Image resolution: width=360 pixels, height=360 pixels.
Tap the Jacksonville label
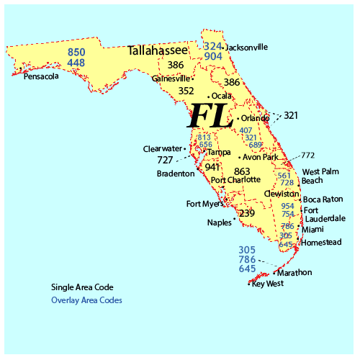pyautogui.click(x=247, y=47)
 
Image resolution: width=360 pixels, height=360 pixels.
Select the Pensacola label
pyautogui.click(x=41, y=76)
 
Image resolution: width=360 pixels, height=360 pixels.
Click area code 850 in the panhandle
pyautogui.click(x=76, y=52)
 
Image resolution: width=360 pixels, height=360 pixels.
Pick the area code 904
pyautogui.click(x=212, y=56)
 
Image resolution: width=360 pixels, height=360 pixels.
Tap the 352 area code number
pyautogui.click(x=186, y=91)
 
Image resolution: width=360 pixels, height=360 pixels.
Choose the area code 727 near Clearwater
pyautogui.click(x=165, y=160)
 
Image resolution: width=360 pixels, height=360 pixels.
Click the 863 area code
pyautogui.click(x=242, y=171)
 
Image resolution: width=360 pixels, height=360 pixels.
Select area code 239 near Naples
pyautogui.click(x=246, y=213)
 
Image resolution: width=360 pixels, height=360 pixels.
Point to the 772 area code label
pyautogui.click(x=308, y=155)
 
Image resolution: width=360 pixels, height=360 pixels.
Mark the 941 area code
pyautogui.click(x=212, y=167)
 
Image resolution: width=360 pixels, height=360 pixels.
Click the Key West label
pyautogui.click(x=268, y=283)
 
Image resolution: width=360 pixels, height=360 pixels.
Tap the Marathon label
pyautogui.click(x=294, y=272)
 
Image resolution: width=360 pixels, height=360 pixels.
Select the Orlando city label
pyautogui.click(x=255, y=118)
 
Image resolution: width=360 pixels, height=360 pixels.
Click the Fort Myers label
pyautogui.click(x=204, y=204)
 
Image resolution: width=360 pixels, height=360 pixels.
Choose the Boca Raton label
pyautogui.click(x=323, y=199)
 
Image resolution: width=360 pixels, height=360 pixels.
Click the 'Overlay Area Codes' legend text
pyautogui.click(x=86, y=300)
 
